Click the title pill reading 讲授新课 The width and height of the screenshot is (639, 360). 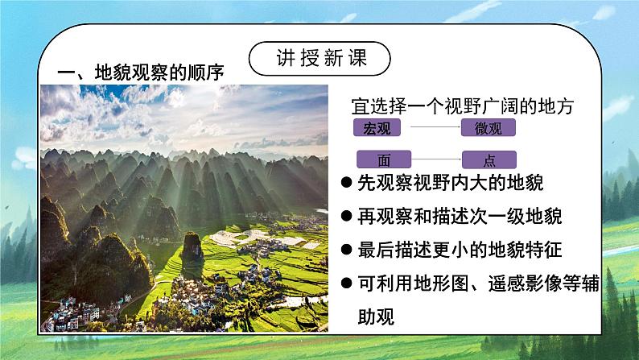click(319, 59)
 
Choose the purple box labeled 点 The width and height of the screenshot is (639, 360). click(488, 159)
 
